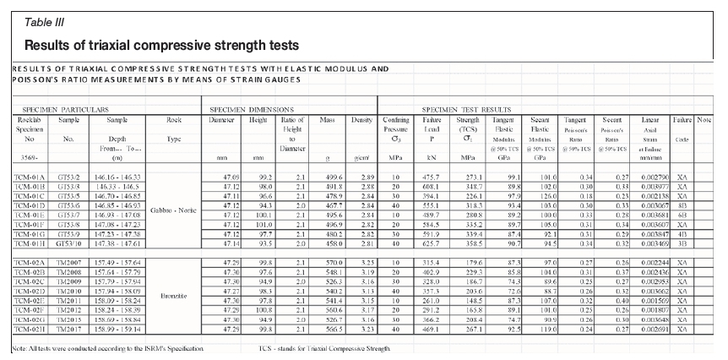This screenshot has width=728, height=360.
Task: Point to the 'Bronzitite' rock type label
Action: click(x=174, y=297)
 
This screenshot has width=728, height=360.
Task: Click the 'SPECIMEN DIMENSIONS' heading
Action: click(x=253, y=110)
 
